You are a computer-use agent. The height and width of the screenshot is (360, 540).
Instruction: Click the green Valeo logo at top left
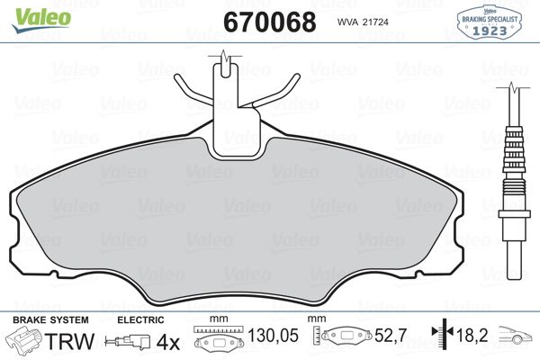pos(41,19)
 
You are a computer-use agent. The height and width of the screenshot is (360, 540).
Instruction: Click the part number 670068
pos(270,22)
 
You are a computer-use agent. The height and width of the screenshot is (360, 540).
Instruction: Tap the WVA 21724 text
pos(363,22)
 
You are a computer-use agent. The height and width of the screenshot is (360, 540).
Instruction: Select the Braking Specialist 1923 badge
pos(489,21)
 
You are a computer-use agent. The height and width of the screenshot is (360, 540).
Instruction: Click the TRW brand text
pos(70,341)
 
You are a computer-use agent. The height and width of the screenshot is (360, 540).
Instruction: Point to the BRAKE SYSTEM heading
pos(50,320)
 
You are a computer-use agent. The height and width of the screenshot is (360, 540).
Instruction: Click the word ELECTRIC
pos(140,320)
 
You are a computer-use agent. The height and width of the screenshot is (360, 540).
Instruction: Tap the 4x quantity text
pos(168,342)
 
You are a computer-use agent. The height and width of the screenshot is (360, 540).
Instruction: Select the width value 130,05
pos(273,335)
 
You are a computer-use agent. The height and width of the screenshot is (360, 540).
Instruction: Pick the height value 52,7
pos(391,335)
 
